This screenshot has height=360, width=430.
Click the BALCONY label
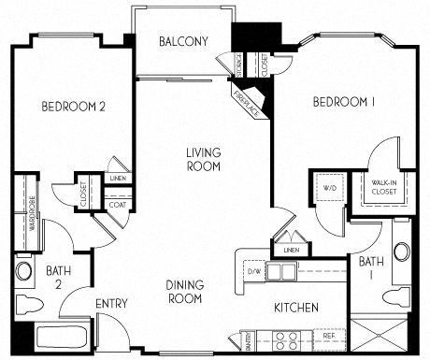click(182, 41)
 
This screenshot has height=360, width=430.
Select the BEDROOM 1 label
click(343, 102)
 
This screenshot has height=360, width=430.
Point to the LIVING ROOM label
click(203, 160)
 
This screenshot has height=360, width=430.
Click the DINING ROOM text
click(185, 293)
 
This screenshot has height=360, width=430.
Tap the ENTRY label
click(111, 304)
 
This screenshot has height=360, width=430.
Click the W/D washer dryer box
click(330, 187)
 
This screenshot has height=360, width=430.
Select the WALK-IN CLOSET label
click(384, 187)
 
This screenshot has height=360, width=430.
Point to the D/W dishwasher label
click(254, 271)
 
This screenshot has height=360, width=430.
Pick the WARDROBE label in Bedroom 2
click(30, 211)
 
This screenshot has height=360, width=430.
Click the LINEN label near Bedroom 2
click(118, 176)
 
